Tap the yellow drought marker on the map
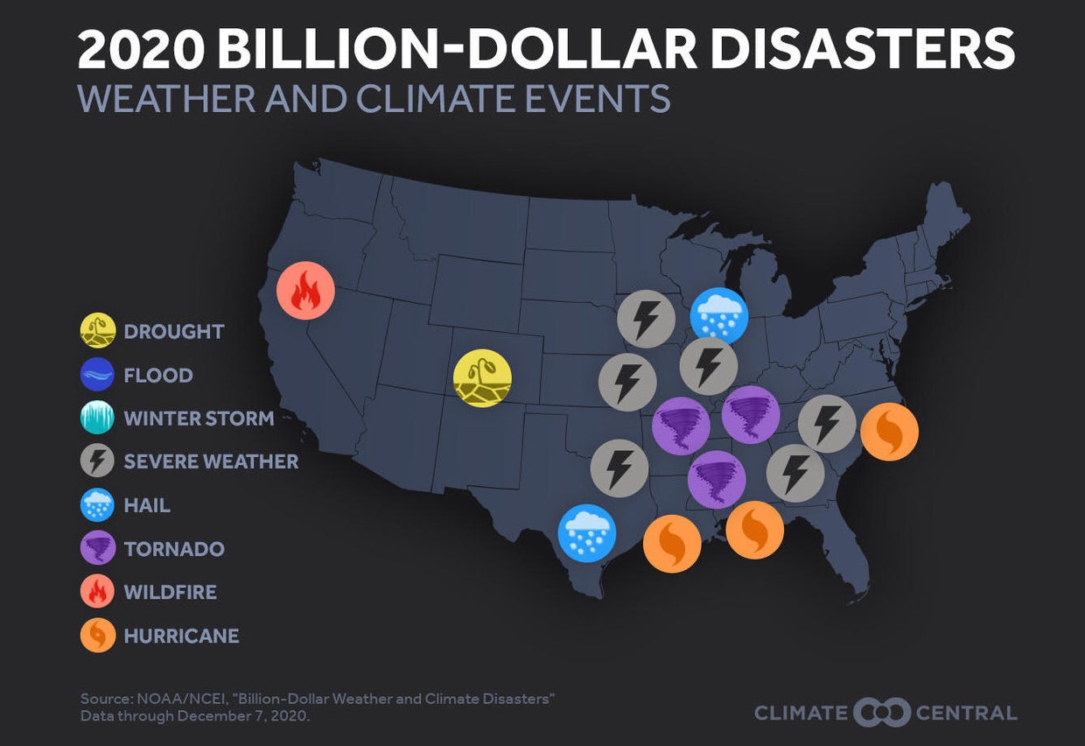pos(482,378)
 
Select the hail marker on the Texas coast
pos(587,533)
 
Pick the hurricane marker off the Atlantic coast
pos(889,432)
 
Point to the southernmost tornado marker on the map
pos(717,480)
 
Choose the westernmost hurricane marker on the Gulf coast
pos(672,544)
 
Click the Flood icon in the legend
pos(97,375)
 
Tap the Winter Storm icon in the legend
pos(97,419)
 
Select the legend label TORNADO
pos(174,549)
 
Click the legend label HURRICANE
pos(181,636)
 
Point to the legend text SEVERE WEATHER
pos(211,461)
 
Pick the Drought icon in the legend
pos(97,331)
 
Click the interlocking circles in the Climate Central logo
pos(881,712)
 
